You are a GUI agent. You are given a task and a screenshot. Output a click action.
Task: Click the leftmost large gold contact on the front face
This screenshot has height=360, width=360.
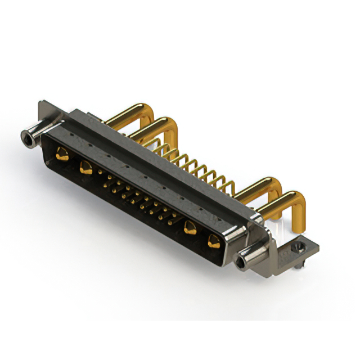coord(62,154)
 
